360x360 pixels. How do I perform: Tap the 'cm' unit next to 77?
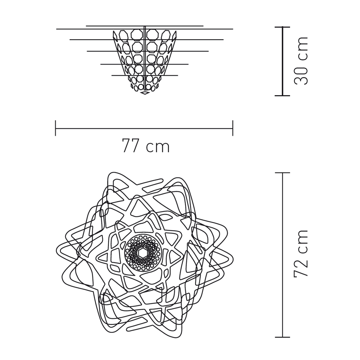(x=158, y=147)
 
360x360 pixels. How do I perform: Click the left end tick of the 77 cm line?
(x=55, y=128)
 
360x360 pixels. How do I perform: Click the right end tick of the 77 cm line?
(x=233, y=128)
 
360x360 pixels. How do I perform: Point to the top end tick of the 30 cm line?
(x=282, y=27)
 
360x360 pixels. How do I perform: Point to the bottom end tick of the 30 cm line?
(x=282, y=96)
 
